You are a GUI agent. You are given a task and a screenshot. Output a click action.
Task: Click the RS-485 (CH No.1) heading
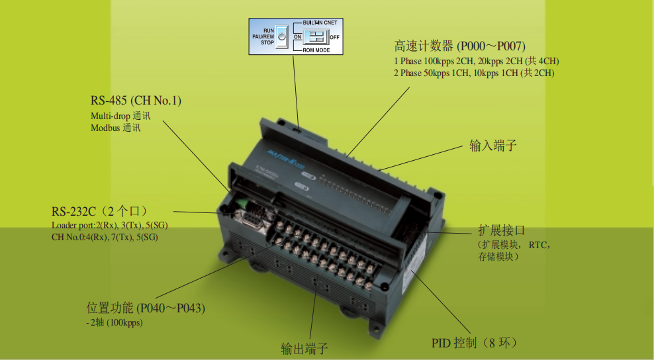(136, 101)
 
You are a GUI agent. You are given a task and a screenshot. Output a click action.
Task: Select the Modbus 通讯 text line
(115, 128)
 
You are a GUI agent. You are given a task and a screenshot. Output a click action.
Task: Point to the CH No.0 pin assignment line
(105, 237)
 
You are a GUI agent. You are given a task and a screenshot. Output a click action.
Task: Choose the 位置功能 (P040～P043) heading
(146, 308)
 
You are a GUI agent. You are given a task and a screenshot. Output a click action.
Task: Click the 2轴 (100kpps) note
(114, 322)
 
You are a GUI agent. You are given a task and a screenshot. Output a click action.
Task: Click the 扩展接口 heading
(501, 231)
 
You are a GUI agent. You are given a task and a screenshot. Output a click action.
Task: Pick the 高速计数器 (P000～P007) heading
(459, 46)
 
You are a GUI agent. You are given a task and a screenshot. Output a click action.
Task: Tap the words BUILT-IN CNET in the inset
(321, 22)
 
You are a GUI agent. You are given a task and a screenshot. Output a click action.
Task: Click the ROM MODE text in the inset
(317, 50)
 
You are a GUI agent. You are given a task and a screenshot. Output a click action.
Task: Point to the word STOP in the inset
(267, 43)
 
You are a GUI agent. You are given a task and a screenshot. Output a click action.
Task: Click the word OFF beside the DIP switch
(335, 37)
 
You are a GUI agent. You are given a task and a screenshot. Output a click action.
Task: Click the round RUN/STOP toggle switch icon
(281, 37)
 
